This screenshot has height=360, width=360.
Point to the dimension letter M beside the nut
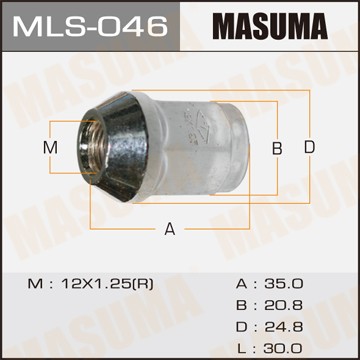click(x=53, y=148)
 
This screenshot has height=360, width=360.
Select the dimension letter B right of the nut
click(x=277, y=148)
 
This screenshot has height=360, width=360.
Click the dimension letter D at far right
click(x=310, y=148)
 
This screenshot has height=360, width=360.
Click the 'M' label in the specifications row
click(x=35, y=284)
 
